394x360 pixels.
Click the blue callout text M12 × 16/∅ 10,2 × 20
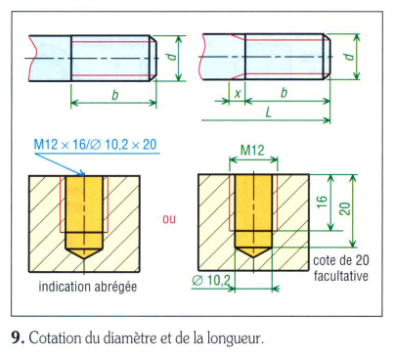(95, 144)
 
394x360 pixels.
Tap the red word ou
(169, 219)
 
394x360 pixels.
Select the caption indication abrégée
(88, 287)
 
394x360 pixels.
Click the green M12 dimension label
(252, 151)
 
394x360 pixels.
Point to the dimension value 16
(322, 202)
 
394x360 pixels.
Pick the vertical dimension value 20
(345, 208)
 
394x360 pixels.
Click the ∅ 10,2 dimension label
(211, 280)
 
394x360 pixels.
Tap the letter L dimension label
(268, 112)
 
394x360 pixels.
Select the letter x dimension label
(238, 94)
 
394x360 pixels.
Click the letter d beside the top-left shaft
(172, 57)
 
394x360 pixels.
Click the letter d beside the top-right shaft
(349, 57)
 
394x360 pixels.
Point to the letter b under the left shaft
(114, 95)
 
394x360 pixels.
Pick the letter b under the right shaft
(284, 93)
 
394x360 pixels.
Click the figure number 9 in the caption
(17, 337)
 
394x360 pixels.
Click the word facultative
(341, 276)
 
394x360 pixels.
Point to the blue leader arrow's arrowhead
(84, 174)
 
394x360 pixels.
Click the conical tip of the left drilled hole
(84, 258)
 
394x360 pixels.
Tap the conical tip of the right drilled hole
(253, 256)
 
